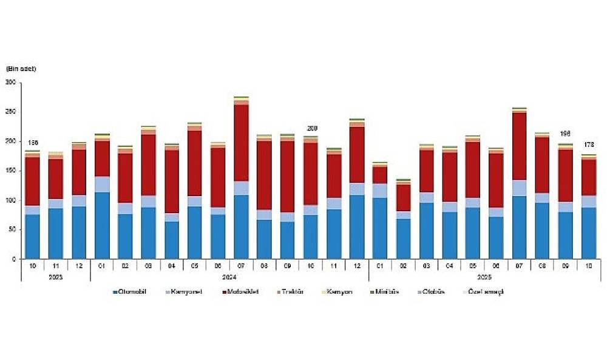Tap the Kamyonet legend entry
click(x=188, y=292)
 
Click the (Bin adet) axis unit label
click(x=21, y=69)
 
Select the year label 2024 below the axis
click(x=229, y=277)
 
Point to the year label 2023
click(x=56, y=277)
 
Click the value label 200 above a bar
click(x=312, y=129)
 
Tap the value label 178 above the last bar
click(x=589, y=145)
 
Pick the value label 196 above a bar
click(x=566, y=134)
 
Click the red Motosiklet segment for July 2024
click(x=242, y=143)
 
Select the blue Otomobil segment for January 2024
click(x=103, y=225)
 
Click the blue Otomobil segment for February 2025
click(x=404, y=239)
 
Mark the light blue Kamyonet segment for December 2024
click(x=357, y=189)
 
